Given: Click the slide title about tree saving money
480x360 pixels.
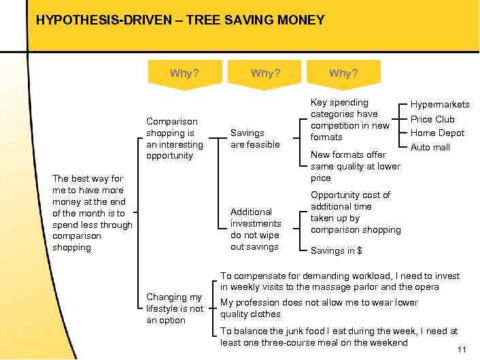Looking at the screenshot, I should pyautogui.click(x=179, y=20).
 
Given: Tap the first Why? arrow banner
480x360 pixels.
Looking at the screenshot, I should pyautogui.click(x=184, y=73).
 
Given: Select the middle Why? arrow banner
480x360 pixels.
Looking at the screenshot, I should pyautogui.click(x=264, y=73).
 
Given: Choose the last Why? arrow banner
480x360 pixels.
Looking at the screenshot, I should pyautogui.click(x=343, y=73).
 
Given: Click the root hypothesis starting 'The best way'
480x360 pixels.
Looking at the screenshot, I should pyautogui.click(x=92, y=213).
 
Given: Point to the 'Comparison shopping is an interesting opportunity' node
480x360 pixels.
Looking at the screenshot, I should pyautogui.click(x=174, y=139).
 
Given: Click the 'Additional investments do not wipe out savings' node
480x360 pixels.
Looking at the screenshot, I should pyautogui.click(x=255, y=229).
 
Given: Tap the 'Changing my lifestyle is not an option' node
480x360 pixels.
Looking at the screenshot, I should pyautogui.click(x=175, y=308).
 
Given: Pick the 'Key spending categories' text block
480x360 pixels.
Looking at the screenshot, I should pyautogui.click(x=349, y=120).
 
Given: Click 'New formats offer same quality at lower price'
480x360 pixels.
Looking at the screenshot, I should pyautogui.click(x=355, y=166).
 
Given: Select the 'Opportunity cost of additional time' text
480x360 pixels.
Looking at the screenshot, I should pyautogui.click(x=355, y=212).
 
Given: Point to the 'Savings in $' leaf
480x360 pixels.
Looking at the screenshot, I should pyautogui.click(x=336, y=251).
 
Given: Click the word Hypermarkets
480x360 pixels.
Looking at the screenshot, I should pyautogui.click(x=439, y=105).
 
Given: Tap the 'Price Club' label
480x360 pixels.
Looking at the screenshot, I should pyautogui.click(x=432, y=119).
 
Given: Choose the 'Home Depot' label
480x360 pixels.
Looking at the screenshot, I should pyautogui.click(x=437, y=133).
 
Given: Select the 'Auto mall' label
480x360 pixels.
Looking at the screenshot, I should pyautogui.click(x=430, y=148).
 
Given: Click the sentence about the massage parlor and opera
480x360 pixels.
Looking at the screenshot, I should pyautogui.click(x=339, y=281).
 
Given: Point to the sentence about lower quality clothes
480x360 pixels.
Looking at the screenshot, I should pyautogui.click(x=319, y=308).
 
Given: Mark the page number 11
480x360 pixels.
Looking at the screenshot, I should pyautogui.click(x=462, y=350).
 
